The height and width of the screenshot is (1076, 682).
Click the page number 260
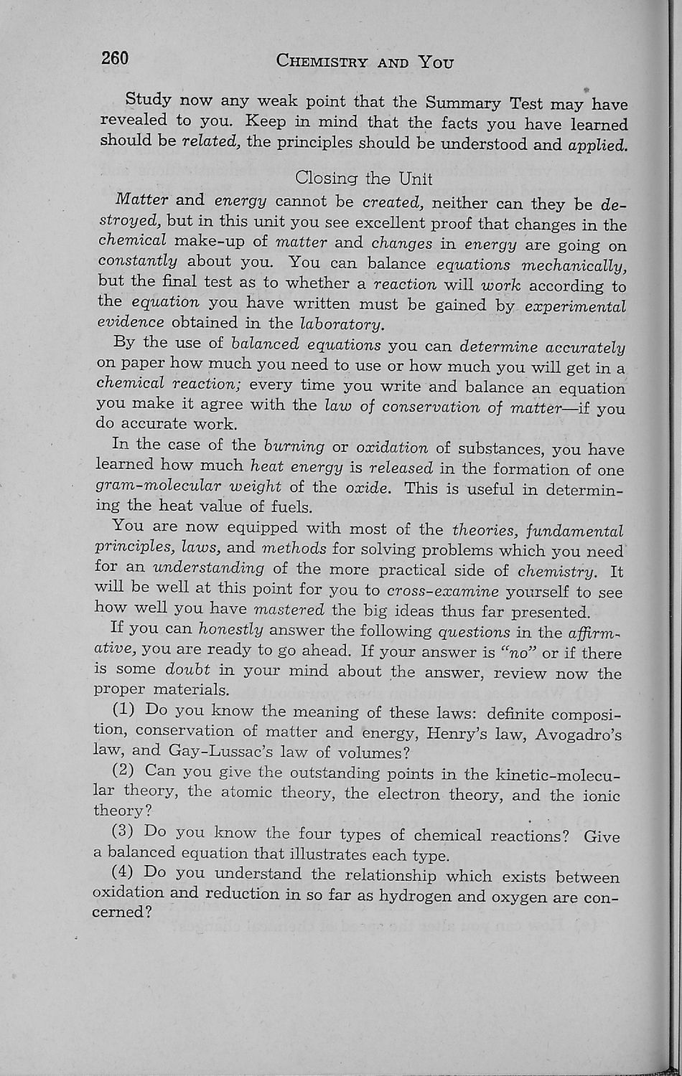click(x=115, y=58)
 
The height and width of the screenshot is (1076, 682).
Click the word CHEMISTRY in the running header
click(x=322, y=62)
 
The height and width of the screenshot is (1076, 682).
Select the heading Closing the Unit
click(x=364, y=177)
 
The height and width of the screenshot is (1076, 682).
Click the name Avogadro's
click(x=579, y=735)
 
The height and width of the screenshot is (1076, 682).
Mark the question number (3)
click(x=125, y=832)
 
